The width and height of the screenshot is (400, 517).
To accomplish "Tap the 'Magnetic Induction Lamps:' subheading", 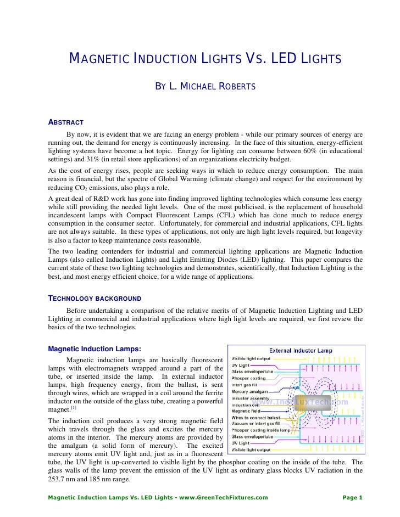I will coord(95,349).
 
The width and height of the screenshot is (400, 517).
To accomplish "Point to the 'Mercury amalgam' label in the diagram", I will coord(251,392).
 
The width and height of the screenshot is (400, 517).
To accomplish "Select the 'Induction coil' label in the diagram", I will coord(247,404).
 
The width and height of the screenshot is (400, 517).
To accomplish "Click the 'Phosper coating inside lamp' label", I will coord(261,430).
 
